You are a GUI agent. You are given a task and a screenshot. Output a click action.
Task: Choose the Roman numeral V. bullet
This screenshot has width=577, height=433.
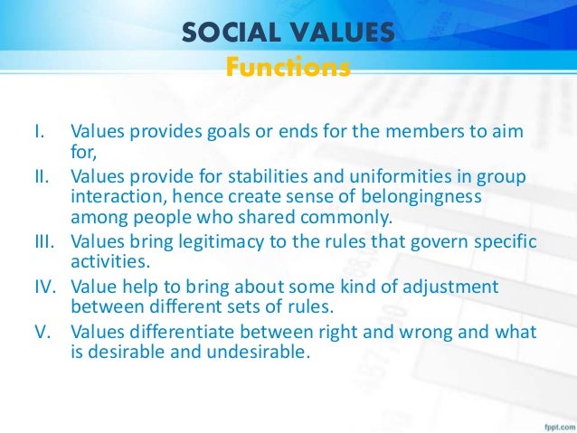[40, 332]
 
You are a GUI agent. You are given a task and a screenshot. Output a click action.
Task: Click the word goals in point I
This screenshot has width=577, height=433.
[235, 135]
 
